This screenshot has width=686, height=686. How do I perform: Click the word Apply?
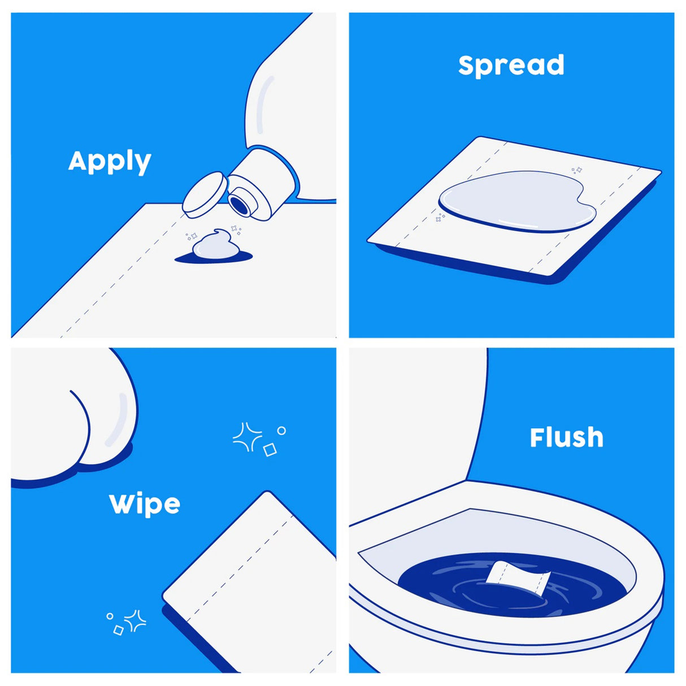[110, 162]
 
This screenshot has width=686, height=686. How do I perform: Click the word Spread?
[511, 65]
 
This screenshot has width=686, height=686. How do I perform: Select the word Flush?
[566, 437]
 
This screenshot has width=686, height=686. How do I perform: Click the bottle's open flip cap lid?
[203, 194]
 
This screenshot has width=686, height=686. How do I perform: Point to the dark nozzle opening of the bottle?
[241, 205]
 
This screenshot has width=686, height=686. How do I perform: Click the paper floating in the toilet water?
[518, 577]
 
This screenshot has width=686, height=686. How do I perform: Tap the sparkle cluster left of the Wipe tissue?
[128, 622]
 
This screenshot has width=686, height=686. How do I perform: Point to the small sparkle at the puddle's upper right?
[576, 170]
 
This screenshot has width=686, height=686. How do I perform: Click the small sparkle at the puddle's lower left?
[440, 218]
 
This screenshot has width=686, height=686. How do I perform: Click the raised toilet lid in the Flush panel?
[418, 429]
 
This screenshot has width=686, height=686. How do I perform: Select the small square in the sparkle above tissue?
[270, 450]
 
